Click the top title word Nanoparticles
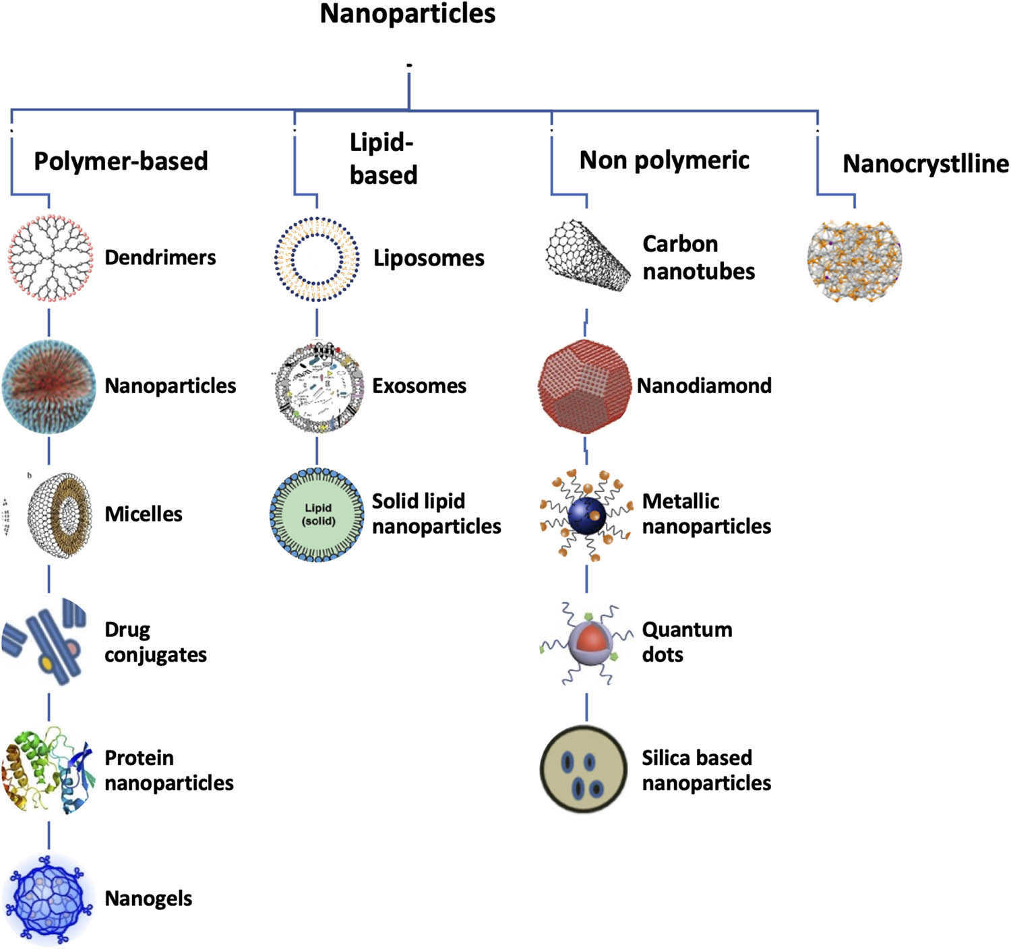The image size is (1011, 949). [407, 14]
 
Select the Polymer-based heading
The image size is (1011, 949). [121, 161]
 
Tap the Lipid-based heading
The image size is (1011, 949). [383, 159]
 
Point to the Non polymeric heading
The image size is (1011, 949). [664, 160]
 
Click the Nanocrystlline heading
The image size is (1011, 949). [925, 164]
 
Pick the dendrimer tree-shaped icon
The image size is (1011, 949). [50, 257]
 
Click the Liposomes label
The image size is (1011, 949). [429, 258]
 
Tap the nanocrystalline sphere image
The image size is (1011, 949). [854, 259]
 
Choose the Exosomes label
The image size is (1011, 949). [419, 386]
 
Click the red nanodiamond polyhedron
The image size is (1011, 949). [584, 387]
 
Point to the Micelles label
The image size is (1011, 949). [144, 514]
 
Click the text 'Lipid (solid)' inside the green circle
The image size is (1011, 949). [318, 514]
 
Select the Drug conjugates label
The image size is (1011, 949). [155, 642]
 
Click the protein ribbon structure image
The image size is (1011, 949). [47, 770]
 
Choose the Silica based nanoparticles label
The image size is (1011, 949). [706, 770]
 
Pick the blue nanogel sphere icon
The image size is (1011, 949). [49, 898]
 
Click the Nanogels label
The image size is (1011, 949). [148, 899]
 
